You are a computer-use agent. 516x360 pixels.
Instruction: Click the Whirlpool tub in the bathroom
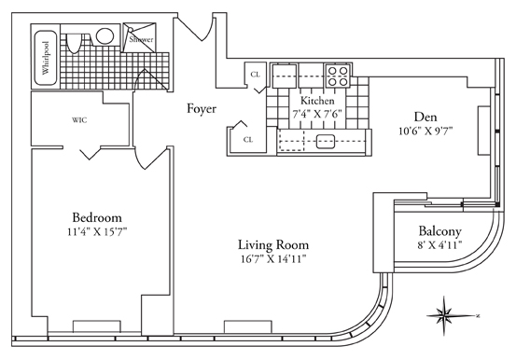[x=45, y=58]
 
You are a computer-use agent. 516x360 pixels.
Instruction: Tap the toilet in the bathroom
[x=74, y=43]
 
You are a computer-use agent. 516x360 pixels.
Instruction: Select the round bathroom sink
[x=105, y=35]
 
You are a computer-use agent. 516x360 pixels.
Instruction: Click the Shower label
[x=141, y=39]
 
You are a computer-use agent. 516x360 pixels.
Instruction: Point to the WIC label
[x=79, y=120]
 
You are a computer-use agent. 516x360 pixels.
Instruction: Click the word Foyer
[x=202, y=108]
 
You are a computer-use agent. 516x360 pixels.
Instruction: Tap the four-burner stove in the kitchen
[x=338, y=76]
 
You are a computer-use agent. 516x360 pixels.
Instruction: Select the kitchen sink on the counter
[x=326, y=142]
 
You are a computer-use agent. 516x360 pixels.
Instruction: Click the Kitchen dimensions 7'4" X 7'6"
[x=317, y=114]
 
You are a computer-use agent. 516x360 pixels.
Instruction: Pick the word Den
[x=425, y=117]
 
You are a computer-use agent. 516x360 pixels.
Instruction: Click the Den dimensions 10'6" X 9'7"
[x=425, y=132]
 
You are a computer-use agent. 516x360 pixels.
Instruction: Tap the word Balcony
[x=439, y=231]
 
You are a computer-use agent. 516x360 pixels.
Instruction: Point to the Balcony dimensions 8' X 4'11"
[x=439, y=245]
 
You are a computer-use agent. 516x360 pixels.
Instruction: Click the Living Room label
[x=273, y=245]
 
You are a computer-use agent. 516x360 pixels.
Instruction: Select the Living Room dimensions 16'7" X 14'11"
[x=273, y=259]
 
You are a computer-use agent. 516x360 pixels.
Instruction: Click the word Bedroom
[x=97, y=217]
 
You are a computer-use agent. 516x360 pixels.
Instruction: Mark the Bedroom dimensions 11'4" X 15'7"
[x=97, y=232]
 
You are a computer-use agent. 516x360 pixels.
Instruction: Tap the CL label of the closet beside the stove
[x=255, y=75]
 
